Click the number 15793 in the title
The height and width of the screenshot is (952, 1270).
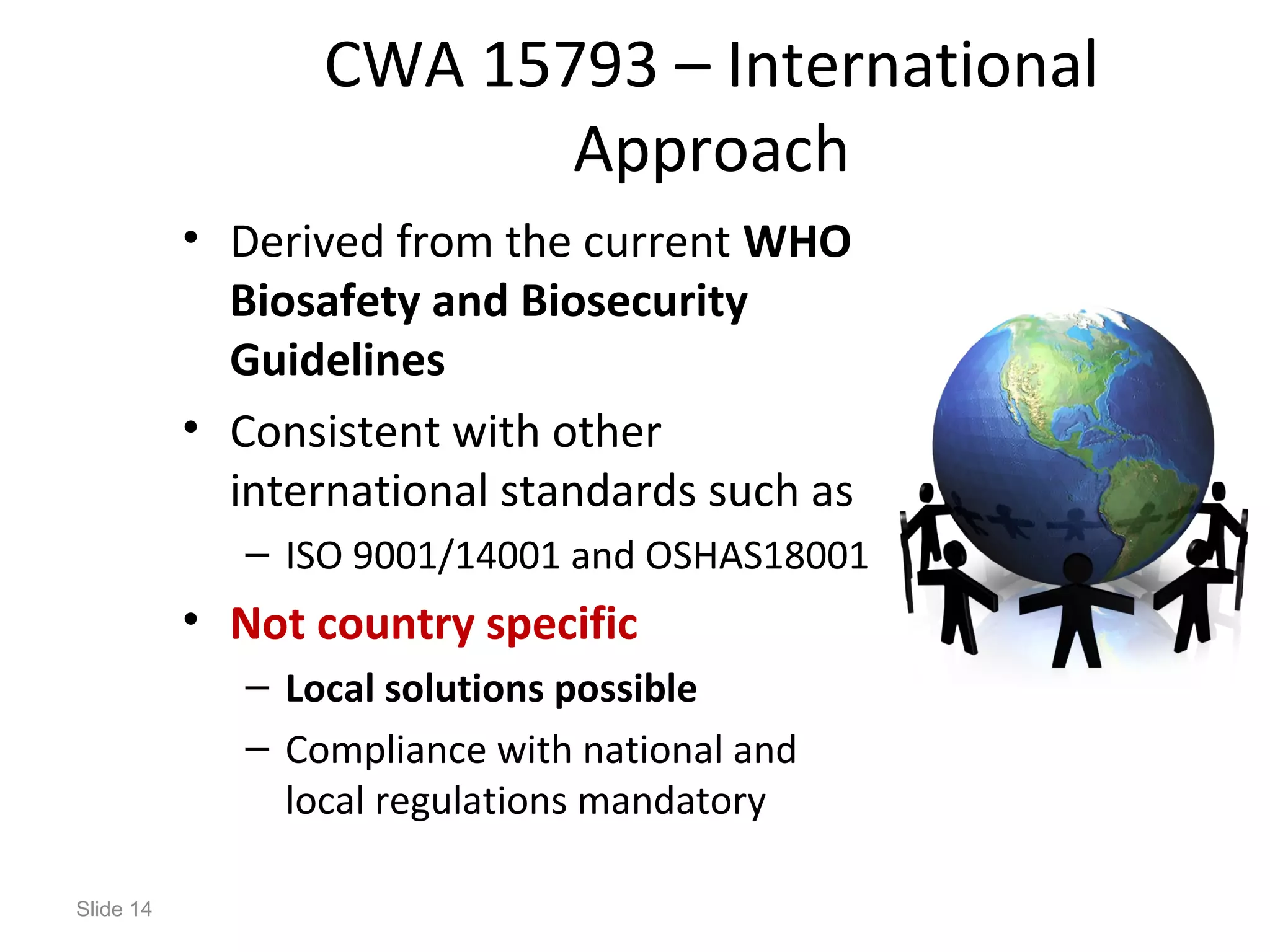coord(569,65)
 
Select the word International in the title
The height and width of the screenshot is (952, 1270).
coord(912,65)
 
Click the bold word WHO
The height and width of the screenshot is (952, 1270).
coord(797,242)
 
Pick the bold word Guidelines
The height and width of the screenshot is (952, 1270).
coord(337,361)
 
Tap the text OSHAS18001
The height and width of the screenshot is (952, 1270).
coord(756,555)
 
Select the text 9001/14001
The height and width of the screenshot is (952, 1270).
coord(456,555)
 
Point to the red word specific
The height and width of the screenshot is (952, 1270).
coord(562,624)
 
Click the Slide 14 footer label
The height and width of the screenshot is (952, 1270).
coord(114,909)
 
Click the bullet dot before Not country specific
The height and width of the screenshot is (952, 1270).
coord(191,619)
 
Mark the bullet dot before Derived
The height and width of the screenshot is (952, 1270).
coord(191,237)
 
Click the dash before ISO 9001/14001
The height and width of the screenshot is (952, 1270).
coord(257,554)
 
